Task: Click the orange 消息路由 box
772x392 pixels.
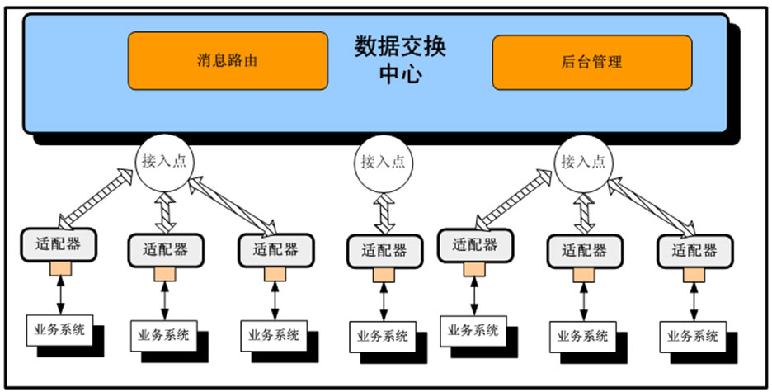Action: pyautogui.click(x=228, y=60)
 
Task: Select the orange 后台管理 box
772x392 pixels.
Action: pyautogui.click(x=591, y=62)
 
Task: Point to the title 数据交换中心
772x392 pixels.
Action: pyautogui.click(x=400, y=59)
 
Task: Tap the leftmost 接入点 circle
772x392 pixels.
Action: pyautogui.click(x=162, y=161)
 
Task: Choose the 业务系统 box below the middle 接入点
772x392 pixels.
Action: pyautogui.click(x=382, y=336)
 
